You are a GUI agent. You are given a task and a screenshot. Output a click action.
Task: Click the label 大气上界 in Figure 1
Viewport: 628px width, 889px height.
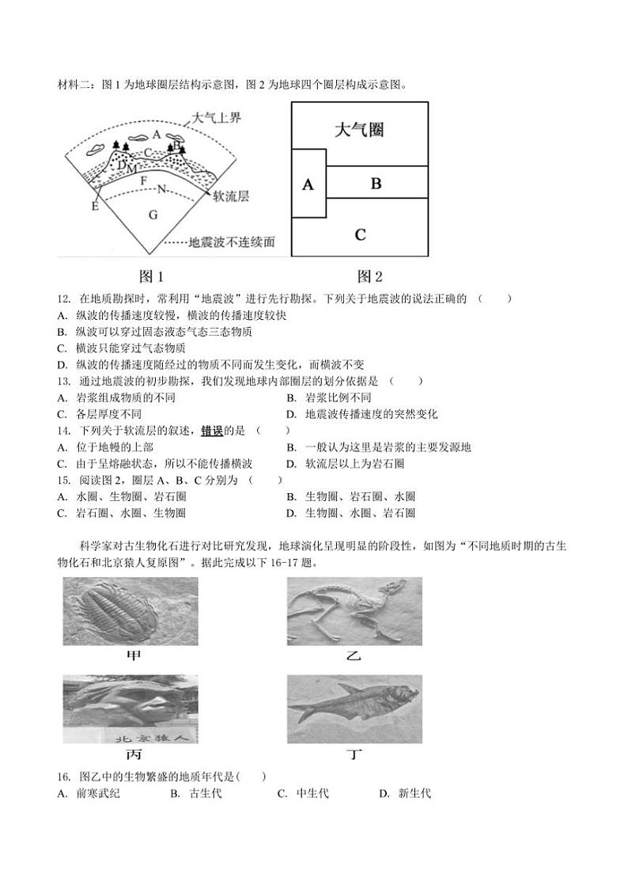tap(215, 119)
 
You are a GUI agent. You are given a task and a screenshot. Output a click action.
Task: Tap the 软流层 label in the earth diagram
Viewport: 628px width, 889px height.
tap(231, 196)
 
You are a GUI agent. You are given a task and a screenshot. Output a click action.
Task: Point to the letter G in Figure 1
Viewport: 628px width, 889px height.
tap(153, 215)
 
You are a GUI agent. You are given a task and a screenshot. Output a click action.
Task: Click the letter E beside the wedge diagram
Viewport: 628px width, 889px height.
tap(96, 206)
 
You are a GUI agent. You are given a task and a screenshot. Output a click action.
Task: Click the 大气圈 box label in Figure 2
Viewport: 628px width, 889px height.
tap(359, 130)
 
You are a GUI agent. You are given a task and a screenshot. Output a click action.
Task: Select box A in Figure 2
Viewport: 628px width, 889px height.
tap(308, 184)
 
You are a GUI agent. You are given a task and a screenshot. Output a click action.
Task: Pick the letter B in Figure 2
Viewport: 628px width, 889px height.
tap(376, 183)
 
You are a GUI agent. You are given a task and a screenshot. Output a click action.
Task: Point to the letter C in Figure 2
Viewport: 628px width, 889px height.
tap(360, 234)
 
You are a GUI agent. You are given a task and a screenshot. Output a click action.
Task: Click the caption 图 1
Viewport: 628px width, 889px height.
tap(151, 276)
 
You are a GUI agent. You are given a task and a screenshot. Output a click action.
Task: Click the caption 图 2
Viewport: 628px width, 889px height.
tap(369, 276)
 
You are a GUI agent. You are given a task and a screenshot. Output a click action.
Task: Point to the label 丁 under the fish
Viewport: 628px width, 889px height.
tap(355, 754)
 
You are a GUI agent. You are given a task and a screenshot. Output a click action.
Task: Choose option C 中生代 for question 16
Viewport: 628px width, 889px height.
tap(304, 794)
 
